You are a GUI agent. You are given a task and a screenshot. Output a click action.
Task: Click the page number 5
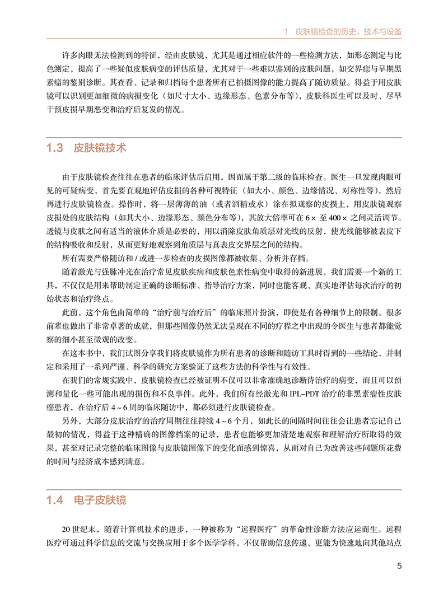(399, 565)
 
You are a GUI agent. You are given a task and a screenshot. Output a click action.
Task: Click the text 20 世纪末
(81, 529)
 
